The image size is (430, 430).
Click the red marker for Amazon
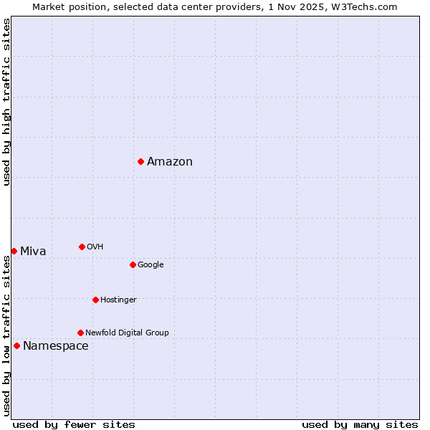click(x=140, y=161)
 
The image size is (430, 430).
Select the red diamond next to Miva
click(x=14, y=251)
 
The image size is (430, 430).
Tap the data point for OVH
click(x=82, y=247)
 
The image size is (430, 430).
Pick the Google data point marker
click(x=133, y=264)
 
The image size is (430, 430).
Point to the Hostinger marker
click(x=95, y=300)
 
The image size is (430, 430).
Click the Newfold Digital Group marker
click(x=80, y=333)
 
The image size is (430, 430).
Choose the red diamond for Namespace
click(x=16, y=345)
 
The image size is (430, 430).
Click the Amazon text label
click(x=170, y=162)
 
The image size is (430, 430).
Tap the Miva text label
click(x=33, y=252)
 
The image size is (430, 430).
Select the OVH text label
click(x=95, y=247)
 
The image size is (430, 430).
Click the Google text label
click(x=150, y=265)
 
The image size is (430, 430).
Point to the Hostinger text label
click(x=118, y=300)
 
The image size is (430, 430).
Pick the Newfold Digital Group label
click(x=127, y=333)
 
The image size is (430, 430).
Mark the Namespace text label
click(x=56, y=346)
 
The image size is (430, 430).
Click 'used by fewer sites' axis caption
click(x=74, y=424)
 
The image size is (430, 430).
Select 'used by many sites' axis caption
click(x=360, y=424)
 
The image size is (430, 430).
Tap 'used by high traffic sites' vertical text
click(x=6, y=102)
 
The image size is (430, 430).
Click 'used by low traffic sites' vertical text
click(x=6, y=335)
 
